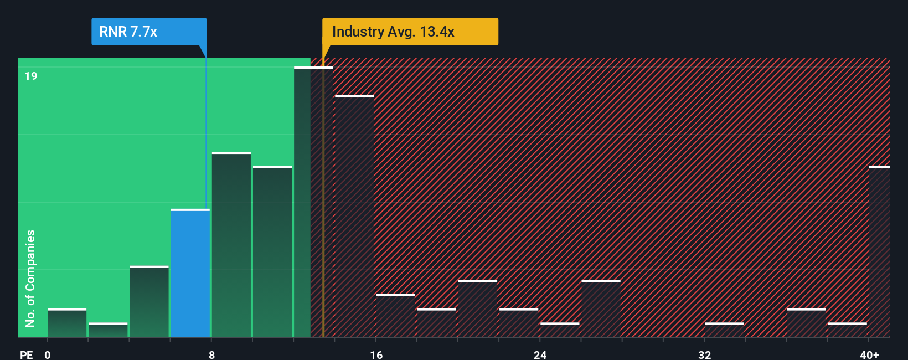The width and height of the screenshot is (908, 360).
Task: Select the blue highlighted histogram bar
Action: coord(190,273)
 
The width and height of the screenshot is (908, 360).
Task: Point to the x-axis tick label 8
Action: coord(211,354)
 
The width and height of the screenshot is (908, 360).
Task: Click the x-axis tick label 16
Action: coord(376,354)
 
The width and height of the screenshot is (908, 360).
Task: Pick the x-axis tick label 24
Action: coord(540,354)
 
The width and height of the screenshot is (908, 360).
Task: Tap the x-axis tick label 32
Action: coord(704,354)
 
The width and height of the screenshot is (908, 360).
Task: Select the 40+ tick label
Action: coord(869,354)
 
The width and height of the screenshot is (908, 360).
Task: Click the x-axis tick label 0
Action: coord(48,354)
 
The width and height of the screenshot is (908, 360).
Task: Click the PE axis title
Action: coord(26,354)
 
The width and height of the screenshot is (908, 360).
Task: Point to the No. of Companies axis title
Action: coord(30,278)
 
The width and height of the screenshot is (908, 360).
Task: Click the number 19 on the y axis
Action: coord(31,76)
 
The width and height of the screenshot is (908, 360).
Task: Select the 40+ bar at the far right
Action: coord(879,252)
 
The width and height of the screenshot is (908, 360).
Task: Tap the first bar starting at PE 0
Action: coord(67,323)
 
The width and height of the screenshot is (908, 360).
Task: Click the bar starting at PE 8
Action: coord(231,244)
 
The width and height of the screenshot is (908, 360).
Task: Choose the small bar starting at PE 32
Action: coord(724,330)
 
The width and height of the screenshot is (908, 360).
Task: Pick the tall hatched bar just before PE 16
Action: coord(354,216)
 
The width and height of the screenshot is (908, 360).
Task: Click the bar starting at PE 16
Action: coord(395,316)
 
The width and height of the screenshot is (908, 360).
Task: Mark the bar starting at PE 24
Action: coord(559,330)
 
